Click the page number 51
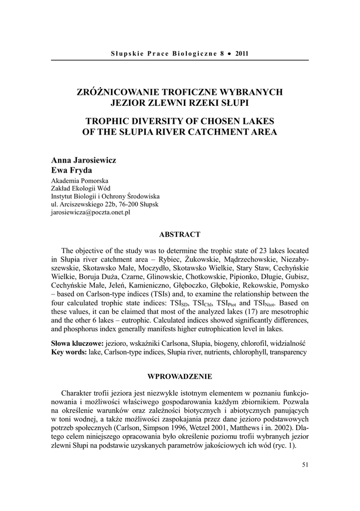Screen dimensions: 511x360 pyautogui.click(x=305, y=465)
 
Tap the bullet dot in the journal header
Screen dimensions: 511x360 pyautogui.click(x=228, y=54)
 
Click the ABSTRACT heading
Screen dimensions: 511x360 pyautogui.click(x=179, y=234)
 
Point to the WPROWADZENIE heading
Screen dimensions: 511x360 pyautogui.click(x=179, y=376)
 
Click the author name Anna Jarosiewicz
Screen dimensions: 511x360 pyautogui.click(x=83, y=160)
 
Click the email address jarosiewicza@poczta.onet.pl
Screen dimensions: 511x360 pyautogui.click(x=91, y=212)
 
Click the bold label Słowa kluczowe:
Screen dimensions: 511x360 pyautogui.click(x=77, y=344)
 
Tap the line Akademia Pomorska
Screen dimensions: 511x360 pyautogui.click(x=80, y=180)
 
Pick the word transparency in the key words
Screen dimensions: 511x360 pyautogui.click(x=288, y=352)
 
